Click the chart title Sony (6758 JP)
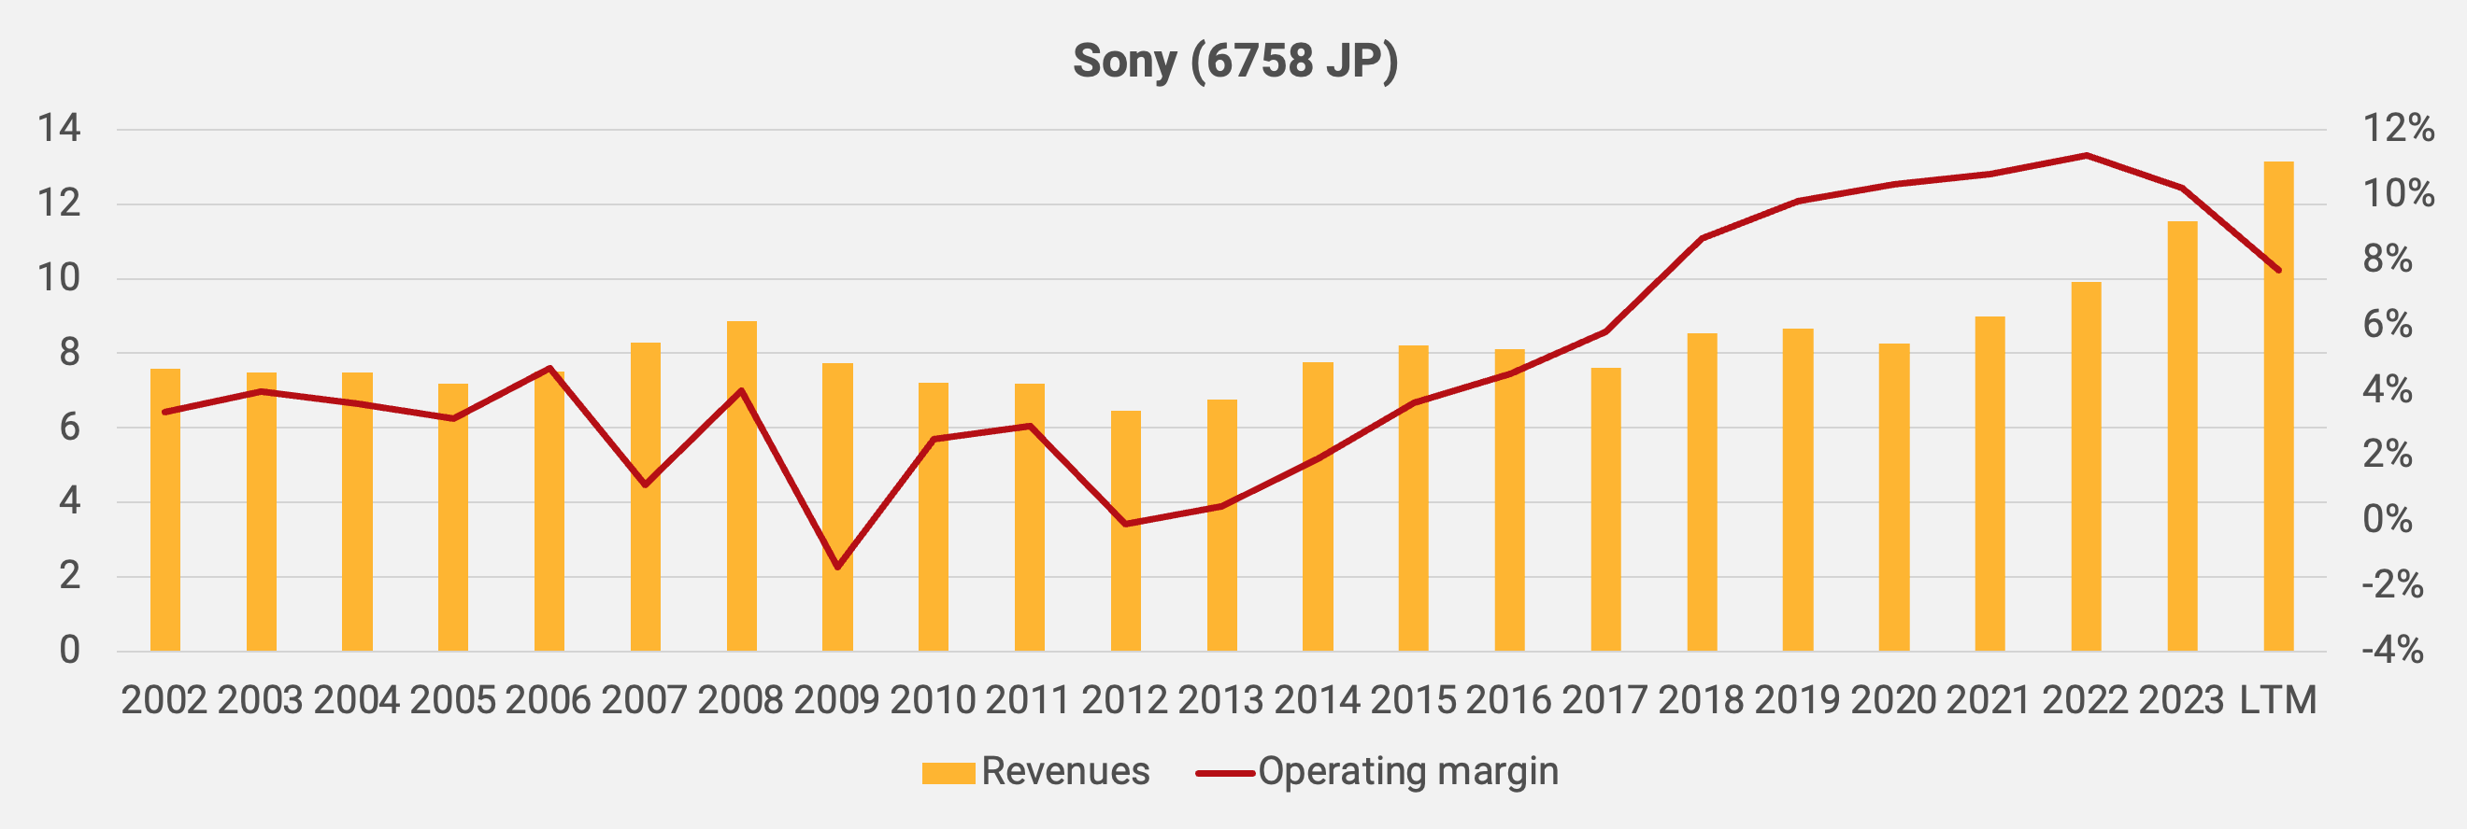(1234, 62)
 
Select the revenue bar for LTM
(2278, 407)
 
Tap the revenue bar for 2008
(741, 486)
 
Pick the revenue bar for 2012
(1125, 531)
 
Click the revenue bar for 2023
(2182, 437)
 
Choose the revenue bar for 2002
(164, 511)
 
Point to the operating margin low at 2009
(838, 567)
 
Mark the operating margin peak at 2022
(2086, 155)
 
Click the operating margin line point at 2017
(1605, 331)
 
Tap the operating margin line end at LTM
(2278, 270)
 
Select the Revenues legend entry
(1035, 771)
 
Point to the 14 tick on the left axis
(59, 128)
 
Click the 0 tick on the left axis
(69, 651)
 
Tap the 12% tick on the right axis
(2398, 128)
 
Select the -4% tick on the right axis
(2391, 651)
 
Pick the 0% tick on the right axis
(2387, 520)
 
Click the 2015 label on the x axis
(1413, 701)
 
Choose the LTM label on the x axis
(2277, 701)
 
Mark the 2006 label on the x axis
(548, 701)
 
